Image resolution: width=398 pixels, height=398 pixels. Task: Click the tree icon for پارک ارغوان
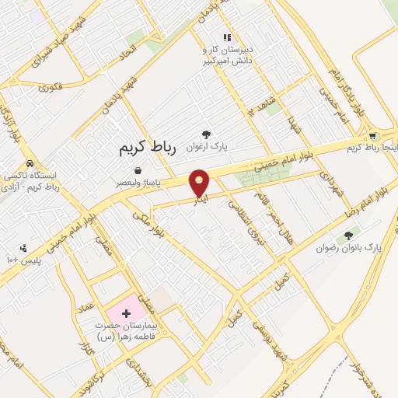[x=206, y=134]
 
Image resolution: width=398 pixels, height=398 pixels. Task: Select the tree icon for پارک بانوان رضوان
[x=348, y=236]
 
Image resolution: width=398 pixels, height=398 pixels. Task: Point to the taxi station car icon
[x=30, y=164]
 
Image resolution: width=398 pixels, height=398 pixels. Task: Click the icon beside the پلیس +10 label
[x=24, y=247]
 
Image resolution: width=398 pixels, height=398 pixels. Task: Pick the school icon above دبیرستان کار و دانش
[x=227, y=37]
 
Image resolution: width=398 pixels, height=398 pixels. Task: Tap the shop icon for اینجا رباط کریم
[x=373, y=136]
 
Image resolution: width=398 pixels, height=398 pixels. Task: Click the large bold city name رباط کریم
[x=148, y=147]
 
